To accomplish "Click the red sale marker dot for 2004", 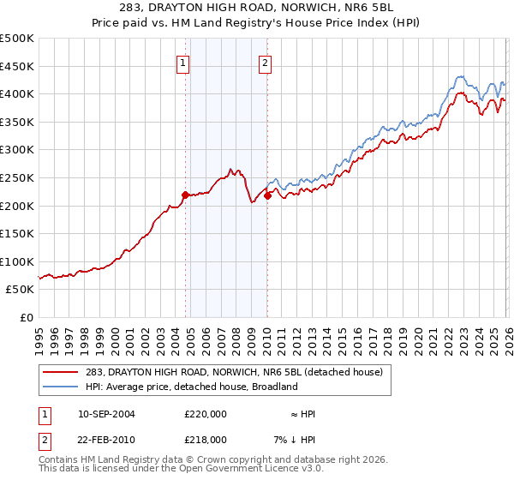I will click(185, 195).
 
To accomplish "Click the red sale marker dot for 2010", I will click(267, 195).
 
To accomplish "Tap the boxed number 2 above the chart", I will click(266, 63).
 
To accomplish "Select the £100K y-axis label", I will click(17, 261).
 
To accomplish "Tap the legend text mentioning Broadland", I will click(189, 387).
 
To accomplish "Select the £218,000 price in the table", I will click(205, 439).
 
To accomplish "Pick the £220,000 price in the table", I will click(205, 413).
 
